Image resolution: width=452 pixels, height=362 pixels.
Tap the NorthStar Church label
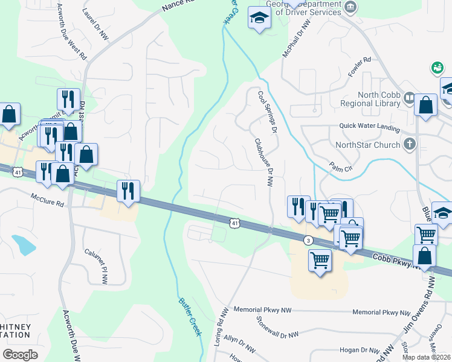point(367,145)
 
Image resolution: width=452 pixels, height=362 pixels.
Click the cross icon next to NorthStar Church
point(410,144)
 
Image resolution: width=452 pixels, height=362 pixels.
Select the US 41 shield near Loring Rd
point(234,223)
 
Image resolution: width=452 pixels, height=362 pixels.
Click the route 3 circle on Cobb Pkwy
point(309,240)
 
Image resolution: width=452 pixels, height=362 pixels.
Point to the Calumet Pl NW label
point(96,266)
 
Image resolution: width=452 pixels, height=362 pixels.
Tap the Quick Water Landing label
point(369,129)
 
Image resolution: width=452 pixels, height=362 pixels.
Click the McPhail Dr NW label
point(296,38)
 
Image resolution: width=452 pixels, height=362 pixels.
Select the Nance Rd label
point(179,7)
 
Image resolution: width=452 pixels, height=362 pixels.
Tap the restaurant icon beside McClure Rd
point(128,190)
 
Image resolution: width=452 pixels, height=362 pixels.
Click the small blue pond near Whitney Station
point(24,244)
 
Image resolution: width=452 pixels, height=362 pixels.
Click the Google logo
point(20,355)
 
